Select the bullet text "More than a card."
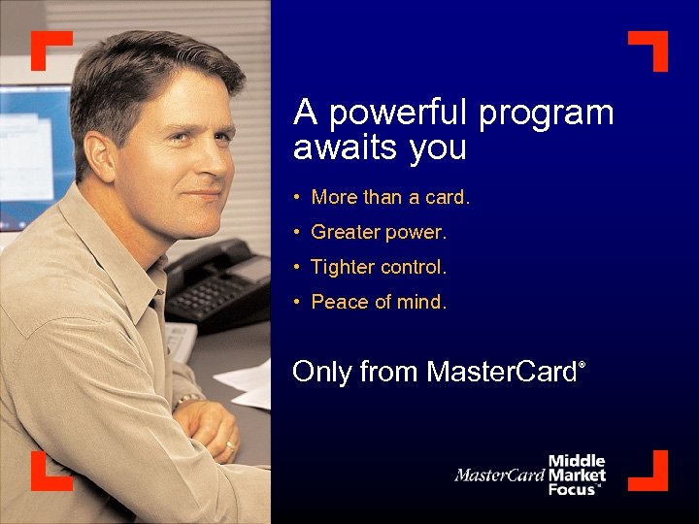pos(390,197)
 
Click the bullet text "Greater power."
pos(379,232)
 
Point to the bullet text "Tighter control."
pos(379,267)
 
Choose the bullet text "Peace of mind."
pos(379,302)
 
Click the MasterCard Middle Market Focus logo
pos(531,475)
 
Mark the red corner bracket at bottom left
pos(47,474)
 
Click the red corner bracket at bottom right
pos(651,474)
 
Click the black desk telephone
pos(218,281)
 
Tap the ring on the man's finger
pos(231,446)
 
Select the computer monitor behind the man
pos(34,155)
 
